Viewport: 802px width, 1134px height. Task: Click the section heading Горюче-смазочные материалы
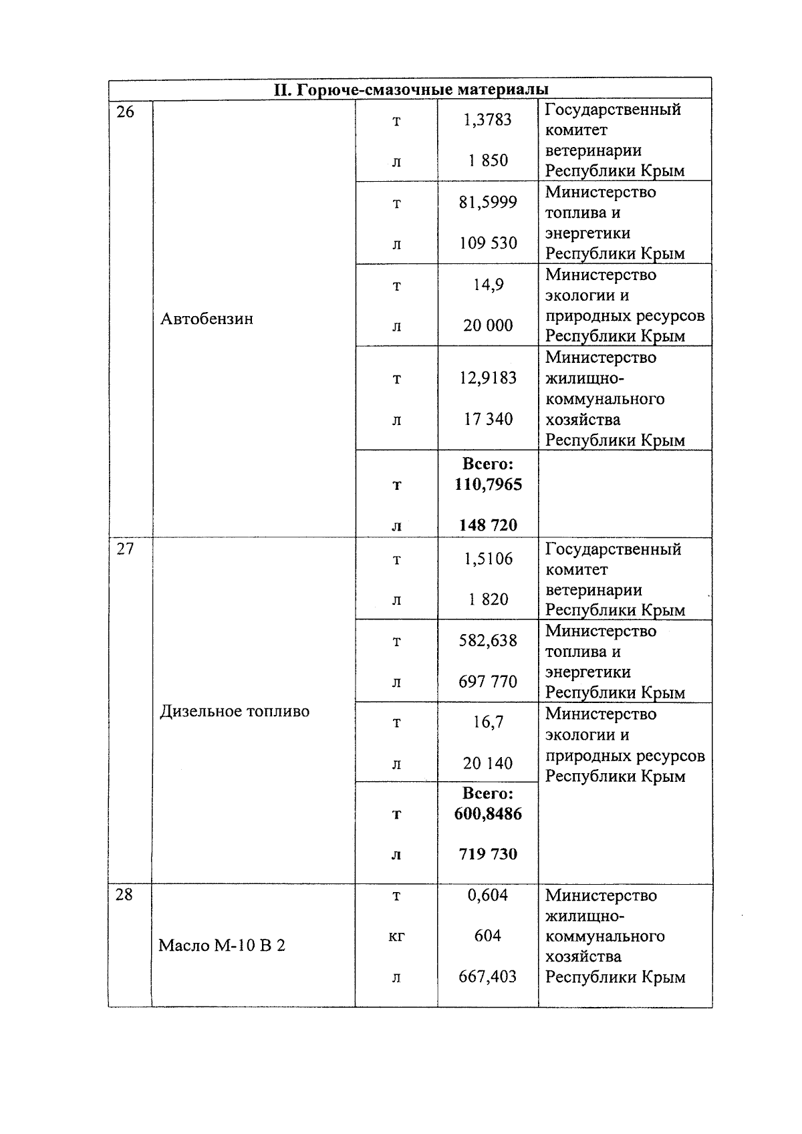coord(410,90)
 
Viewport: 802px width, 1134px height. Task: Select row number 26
coord(125,112)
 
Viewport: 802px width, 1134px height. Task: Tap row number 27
coord(125,549)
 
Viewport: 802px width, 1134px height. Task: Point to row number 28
coord(124,895)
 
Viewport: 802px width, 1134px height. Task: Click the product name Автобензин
coord(207,319)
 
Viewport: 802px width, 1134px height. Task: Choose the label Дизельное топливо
coord(235,711)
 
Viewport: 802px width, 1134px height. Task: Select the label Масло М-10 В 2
coord(222,946)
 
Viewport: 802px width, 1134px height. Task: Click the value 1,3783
coord(488,120)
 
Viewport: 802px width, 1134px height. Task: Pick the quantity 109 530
coord(488,243)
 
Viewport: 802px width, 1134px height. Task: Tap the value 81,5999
coord(488,202)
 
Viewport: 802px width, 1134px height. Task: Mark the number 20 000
coord(488,325)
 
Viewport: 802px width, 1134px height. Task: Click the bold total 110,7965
coord(488,484)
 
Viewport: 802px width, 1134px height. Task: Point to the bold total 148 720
coord(488,525)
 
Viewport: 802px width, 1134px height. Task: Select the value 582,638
coord(488,641)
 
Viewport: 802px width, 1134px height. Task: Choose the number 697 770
coord(488,682)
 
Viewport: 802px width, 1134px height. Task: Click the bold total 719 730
coord(488,854)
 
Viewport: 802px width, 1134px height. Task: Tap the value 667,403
coord(488,977)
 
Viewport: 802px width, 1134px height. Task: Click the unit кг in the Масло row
coord(396,936)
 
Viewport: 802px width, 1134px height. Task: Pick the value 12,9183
coord(488,378)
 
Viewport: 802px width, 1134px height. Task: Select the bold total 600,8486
coord(488,814)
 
